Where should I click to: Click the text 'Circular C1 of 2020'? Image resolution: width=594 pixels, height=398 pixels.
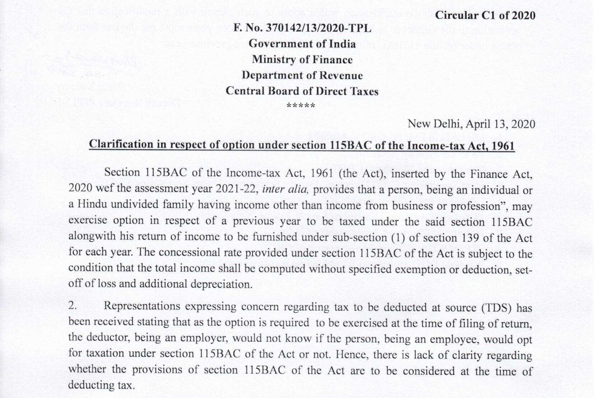(x=485, y=16)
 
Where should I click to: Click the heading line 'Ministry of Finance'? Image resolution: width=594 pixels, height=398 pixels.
(x=302, y=60)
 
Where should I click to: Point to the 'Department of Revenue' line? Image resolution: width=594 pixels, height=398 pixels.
(x=302, y=75)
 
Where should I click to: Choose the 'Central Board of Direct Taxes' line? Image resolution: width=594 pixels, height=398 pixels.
(x=302, y=91)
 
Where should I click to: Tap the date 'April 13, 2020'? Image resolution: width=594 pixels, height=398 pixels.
(x=500, y=124)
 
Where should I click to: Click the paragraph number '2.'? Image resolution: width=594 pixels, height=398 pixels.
(x=73, y=306)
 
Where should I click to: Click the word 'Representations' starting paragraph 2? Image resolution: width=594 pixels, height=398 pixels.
(x=142, y=306)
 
